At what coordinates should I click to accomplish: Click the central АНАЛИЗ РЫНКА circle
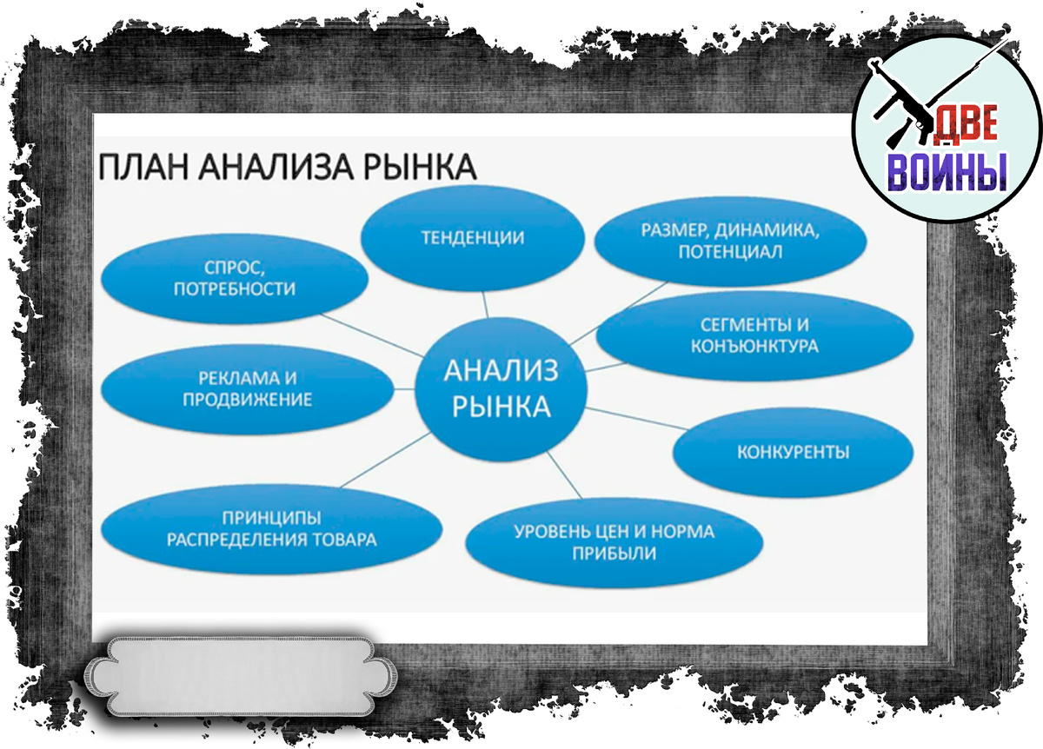tap(501, 389)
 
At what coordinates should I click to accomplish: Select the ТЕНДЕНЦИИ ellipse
tap(473, 238)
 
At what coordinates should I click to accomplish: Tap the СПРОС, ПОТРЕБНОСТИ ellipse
tap(235, 278)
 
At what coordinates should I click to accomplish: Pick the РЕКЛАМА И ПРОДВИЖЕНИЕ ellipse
tap(247, 389)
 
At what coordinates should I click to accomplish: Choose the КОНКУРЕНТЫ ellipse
tap(793, 452)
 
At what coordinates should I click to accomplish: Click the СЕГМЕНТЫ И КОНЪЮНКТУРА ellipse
tap(754, 335)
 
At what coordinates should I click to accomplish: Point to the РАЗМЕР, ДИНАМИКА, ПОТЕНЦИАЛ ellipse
tap(730, 241)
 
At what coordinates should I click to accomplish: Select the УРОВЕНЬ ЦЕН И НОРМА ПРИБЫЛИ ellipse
tap(615, 542)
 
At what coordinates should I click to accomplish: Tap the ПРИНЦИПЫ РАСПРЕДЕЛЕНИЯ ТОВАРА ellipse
tap(271, 529)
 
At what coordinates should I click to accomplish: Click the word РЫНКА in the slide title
tap(420, 167)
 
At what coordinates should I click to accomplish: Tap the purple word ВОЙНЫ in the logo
tap(947, 172)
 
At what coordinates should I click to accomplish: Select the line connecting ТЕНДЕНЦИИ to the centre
tap(485, 305)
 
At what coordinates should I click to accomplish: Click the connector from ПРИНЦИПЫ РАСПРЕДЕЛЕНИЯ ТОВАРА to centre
tap(386, 460)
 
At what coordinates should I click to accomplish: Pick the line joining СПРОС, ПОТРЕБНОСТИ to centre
tap(372, 335)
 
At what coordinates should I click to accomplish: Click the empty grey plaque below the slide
tap(241, 676)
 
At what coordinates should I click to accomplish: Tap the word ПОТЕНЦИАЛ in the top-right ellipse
tap(730, 252)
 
